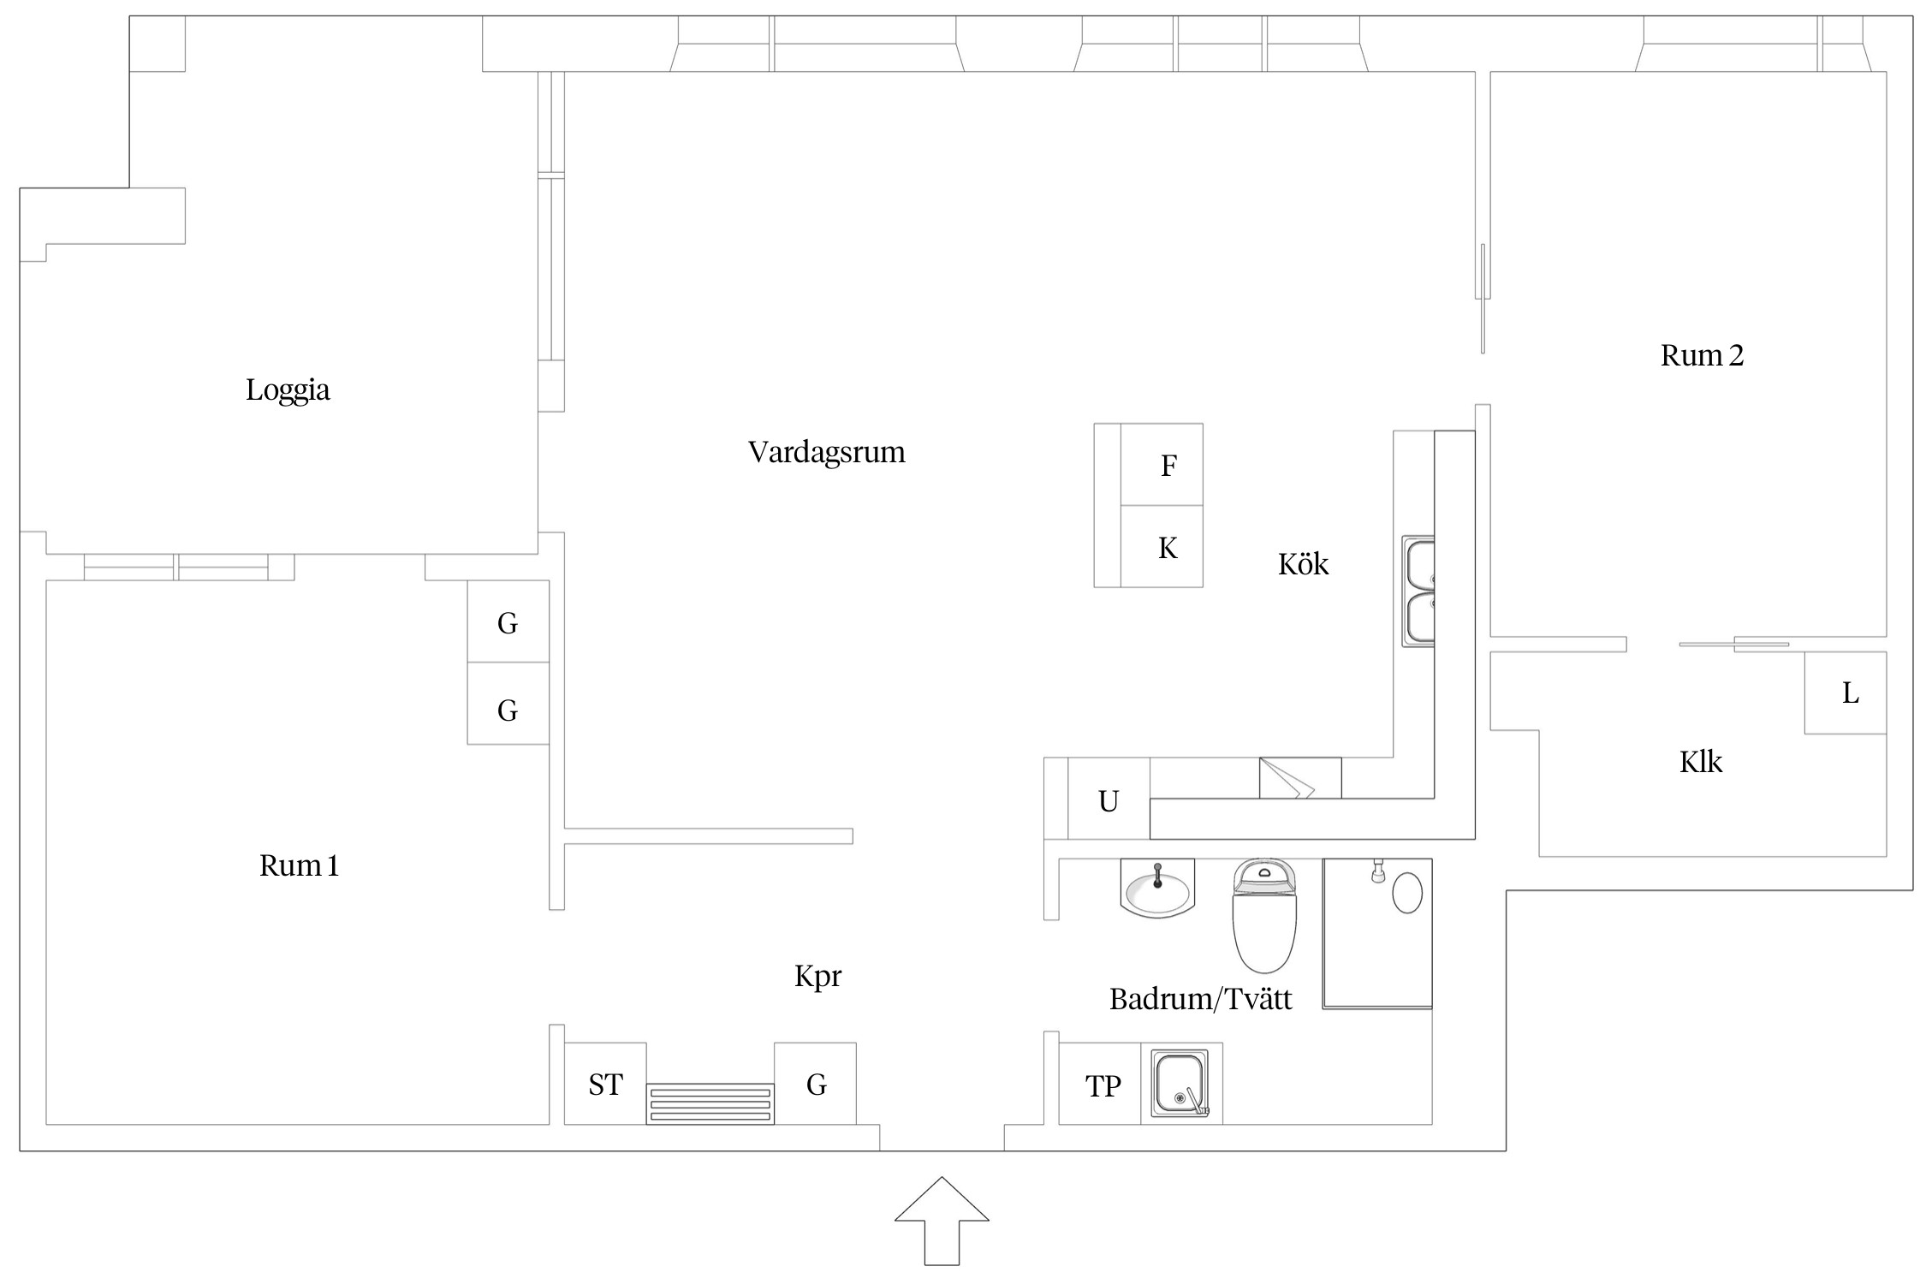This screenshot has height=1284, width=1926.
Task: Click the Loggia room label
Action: pos(288,390)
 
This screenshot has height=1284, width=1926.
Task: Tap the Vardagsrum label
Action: pos(826,452)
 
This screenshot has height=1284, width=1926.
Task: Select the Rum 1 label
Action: pos(299,866)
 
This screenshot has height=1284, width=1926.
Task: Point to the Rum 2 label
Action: pos(1702,355)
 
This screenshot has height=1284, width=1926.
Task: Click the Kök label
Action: pos(1303,565)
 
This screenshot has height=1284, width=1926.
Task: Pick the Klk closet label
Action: pos(1700,762)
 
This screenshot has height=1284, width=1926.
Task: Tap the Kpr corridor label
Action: pos(817,977)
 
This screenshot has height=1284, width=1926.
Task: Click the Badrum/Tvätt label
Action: pos(1200,999)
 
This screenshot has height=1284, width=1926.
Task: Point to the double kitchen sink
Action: pos(1418,591)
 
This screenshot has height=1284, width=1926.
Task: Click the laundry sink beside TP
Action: pos(1180,1084)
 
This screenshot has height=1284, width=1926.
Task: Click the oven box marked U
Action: pos(1109,801)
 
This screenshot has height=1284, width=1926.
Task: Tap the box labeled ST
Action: pos(605,1085)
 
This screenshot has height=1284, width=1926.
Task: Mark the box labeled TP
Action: pos(1102,1085)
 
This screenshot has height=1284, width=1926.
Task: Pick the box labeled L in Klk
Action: pos(1850,693)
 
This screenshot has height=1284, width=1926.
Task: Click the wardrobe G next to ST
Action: pos(816,1085)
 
